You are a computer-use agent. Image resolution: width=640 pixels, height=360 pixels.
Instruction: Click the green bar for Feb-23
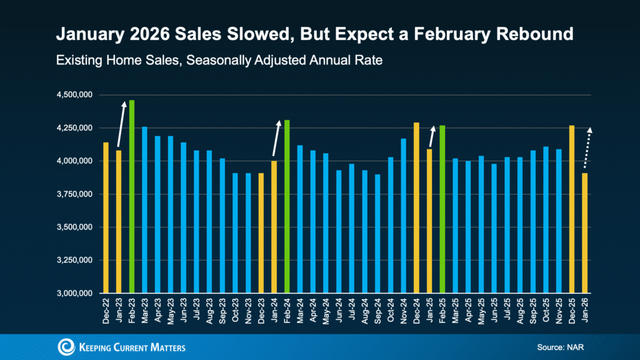(x=132, y=197)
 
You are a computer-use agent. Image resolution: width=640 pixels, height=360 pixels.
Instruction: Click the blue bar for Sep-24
(x=377, y=234)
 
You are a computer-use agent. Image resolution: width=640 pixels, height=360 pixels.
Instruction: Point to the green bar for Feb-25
(x=442, y=209)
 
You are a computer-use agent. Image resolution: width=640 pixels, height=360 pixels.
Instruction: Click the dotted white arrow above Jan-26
(x=587, y=147)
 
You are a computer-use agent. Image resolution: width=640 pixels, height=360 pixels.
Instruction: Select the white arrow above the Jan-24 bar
(x=276, y=138)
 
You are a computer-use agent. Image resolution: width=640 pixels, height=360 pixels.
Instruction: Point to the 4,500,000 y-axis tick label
(x=74, y=95)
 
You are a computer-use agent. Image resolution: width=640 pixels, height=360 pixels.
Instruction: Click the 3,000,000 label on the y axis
(x=74, y=294)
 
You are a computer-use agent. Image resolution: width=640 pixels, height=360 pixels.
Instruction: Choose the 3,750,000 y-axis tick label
(x=74, y=194)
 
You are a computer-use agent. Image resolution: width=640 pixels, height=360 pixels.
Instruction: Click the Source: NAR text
(x=559, y=347)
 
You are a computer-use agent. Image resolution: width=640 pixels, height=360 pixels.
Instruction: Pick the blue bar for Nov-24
(x=404, y=216)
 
